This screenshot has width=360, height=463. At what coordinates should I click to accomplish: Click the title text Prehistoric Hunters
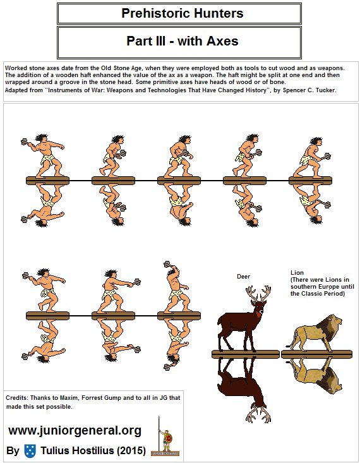182,13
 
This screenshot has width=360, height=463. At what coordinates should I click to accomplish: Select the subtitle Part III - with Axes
182,42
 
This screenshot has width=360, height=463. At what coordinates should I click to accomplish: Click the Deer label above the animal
243,276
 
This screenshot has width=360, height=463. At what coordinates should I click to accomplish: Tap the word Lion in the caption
297,272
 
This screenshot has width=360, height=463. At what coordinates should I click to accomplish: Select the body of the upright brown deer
237,322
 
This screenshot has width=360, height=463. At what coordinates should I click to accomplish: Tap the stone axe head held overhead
167,263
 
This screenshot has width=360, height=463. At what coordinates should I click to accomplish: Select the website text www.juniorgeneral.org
75,431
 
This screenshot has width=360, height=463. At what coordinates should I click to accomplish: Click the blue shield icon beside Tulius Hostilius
30,451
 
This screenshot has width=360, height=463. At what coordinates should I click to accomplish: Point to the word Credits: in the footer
18,397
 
